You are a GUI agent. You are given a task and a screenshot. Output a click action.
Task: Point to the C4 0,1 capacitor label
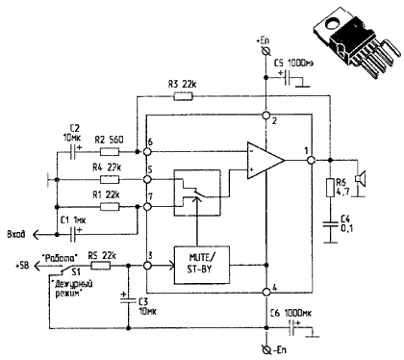(343, 226)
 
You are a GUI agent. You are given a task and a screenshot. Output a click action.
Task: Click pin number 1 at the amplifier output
(306, 150)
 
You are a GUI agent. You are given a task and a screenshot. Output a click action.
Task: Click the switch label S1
(65, 273)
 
